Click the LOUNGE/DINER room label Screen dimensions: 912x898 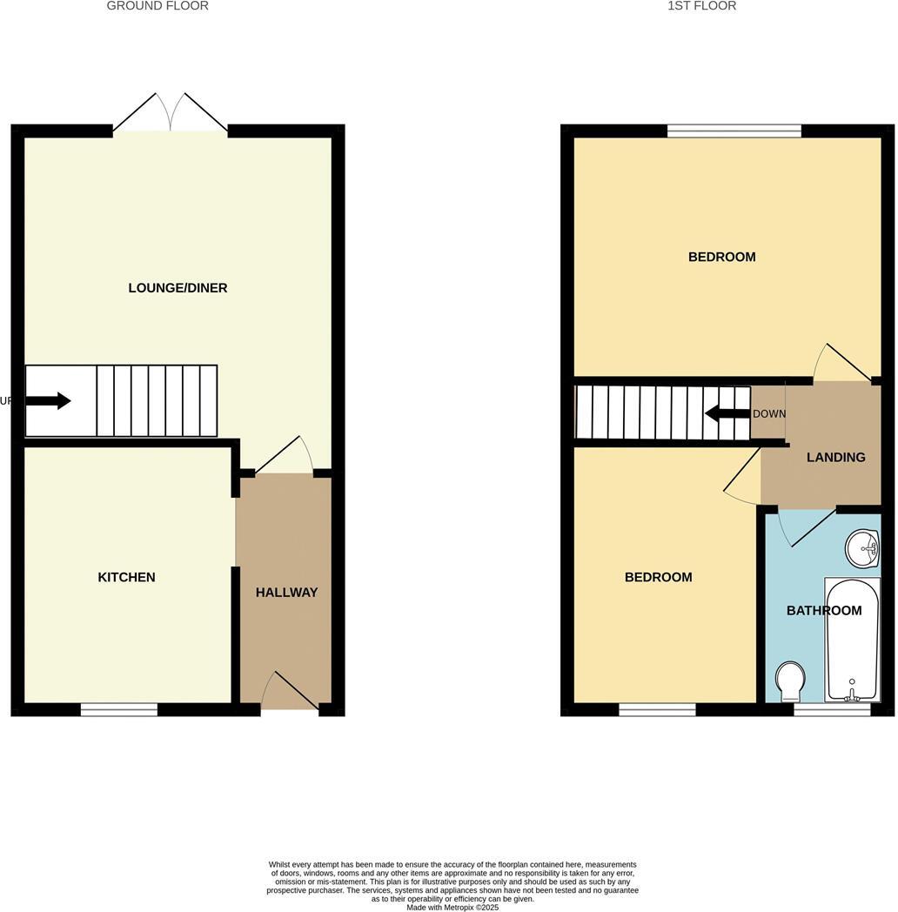click(178, 288)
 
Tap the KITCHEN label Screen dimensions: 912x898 click(126, 577)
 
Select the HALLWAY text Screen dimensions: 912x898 click(286, 593)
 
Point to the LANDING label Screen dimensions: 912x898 click(835, 457)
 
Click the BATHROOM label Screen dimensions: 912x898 click(824, 611)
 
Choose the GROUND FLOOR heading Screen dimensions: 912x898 click(157, 6)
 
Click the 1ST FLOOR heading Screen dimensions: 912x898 click(701, 6)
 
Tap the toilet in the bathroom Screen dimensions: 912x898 click(790, 681)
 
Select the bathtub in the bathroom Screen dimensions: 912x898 click(853, 639)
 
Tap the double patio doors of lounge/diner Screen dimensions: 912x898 click(171, 114)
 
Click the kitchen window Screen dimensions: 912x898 click(119, 710)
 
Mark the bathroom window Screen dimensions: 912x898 click(832, 710)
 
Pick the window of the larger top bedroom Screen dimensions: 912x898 click(734, 131)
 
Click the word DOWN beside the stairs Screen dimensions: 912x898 click(769, 414)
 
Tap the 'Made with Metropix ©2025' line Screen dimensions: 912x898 click(452, 907)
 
